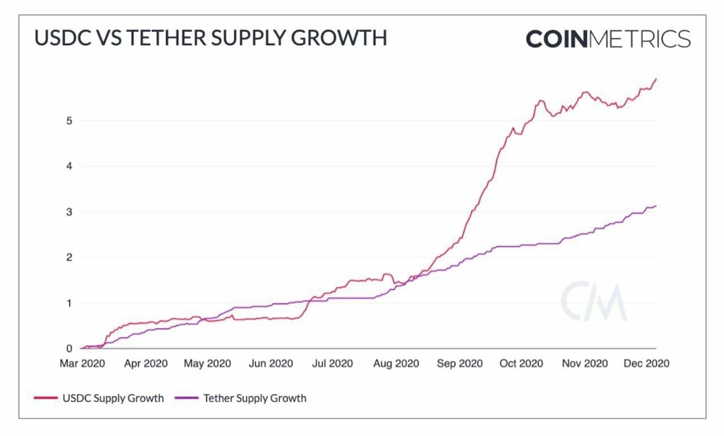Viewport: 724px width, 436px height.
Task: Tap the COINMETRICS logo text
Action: (608, 39)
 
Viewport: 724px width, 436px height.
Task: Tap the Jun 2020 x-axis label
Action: (271, 363)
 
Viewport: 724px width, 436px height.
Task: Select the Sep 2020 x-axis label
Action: (460, 363)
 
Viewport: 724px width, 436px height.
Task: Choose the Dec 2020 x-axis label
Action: (647, 363)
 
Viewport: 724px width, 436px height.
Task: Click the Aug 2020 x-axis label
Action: (397, 363)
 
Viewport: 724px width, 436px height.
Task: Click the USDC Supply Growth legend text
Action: (113, 398)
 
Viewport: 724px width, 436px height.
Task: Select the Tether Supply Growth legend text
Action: (255, 398)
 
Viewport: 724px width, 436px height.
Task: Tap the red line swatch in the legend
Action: (46, 398)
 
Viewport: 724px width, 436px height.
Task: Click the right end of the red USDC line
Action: (656, 79)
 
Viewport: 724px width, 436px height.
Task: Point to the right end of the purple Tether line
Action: (656, 206)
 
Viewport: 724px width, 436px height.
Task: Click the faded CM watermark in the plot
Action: (594, 301)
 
